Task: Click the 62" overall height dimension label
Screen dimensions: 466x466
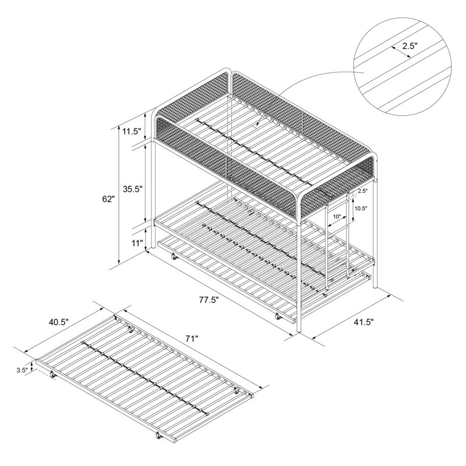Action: click(x=108, y=199)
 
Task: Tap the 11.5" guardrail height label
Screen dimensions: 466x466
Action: click(x=131, y=131)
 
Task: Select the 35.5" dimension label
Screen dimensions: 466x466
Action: click(x=133, y=188)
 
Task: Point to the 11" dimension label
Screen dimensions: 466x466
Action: click(x=137, y=243)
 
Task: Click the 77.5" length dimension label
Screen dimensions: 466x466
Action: click(x=209, y=299)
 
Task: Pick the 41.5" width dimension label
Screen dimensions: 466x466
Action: click(x=363, y=322)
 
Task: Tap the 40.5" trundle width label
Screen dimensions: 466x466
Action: click(x=59, y=321)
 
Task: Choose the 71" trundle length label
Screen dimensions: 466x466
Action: click(x=192, y=338)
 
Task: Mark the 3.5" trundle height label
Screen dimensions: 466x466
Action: click(x=22, y=370)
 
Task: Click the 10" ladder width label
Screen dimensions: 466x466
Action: click(x=337, y=217)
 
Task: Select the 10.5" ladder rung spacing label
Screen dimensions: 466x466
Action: click(x=361, y=209)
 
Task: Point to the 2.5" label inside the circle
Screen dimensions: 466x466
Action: click(x=410, y=45)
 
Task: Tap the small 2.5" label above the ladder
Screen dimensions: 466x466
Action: click(x=362, y=191)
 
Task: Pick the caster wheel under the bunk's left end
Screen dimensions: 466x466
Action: click(x=173, y=257)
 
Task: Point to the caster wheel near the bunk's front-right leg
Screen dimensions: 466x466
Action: click(x=278, y=317)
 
